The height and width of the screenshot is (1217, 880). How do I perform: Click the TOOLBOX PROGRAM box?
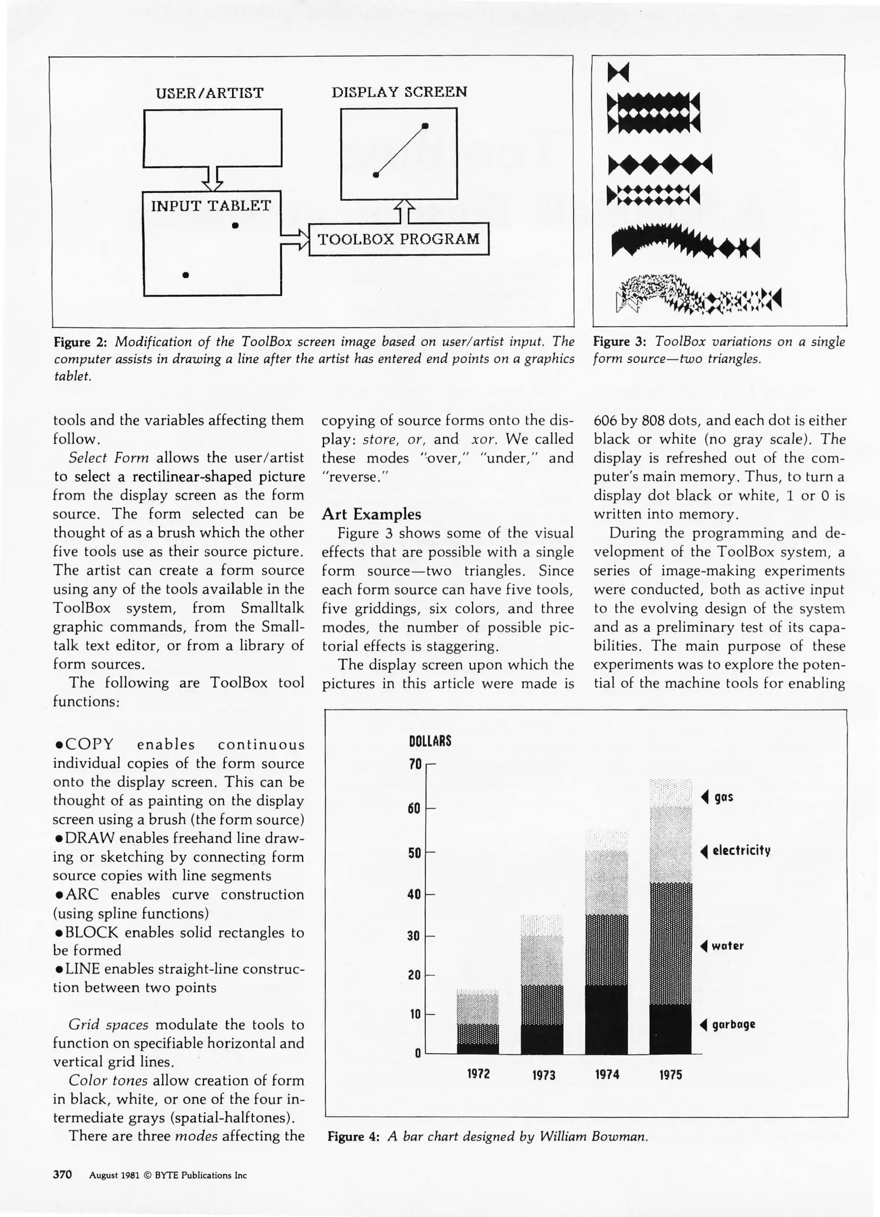pos(399,239)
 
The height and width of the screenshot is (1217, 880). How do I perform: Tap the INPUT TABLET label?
pos(211,206)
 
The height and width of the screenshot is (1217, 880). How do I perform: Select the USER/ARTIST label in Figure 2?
pos(210,93)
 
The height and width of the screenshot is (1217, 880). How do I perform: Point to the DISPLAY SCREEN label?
pos(399,92)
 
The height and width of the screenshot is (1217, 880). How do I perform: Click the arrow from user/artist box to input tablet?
pos(212,178)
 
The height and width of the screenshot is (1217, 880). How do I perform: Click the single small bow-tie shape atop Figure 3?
pos(618,72)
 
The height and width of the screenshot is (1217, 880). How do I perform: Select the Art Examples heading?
pos(371,514)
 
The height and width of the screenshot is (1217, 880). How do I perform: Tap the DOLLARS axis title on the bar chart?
pos(430,741)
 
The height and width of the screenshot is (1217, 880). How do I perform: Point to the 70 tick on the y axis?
pos(415,765)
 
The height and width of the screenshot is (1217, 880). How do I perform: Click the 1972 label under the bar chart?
pos(478,1074)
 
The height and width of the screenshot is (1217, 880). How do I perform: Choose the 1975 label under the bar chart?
pos(670,1075)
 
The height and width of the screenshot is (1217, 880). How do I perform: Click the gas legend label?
pos(723,797)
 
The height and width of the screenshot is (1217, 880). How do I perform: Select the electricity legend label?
pos(741,851)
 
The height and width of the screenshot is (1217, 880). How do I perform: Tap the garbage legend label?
pos(733,1024)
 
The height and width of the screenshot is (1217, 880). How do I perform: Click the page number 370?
pos(63,1175)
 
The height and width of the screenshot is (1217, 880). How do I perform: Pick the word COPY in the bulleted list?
pos(90,745)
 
